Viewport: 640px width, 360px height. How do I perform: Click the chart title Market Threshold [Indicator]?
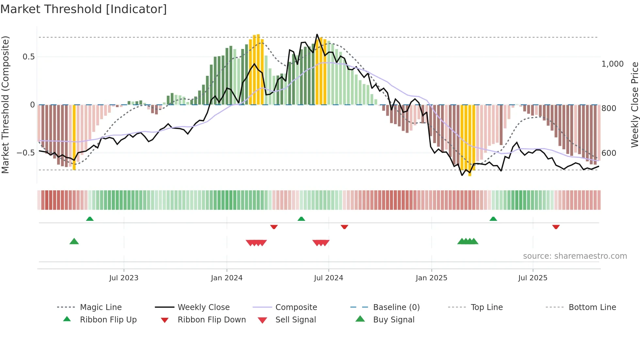tap(84, 9)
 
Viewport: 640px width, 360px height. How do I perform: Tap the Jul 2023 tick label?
tap(124, 278)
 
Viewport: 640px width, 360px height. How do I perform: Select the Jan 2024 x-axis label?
tap(227, 278)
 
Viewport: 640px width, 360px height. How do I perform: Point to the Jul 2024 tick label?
tap(328, 278)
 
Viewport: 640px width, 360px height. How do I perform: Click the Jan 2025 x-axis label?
tap(431, 278)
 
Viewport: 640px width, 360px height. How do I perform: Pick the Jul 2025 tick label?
tap(533, 278)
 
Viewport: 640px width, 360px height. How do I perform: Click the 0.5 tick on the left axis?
tap(29, 57)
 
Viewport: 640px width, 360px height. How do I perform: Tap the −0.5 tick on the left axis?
tap(26, 153)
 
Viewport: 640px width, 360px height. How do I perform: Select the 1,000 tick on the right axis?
tap(612, 64)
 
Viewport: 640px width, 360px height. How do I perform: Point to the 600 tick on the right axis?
tap(609, 153)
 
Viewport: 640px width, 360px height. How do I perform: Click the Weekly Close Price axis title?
tap(634, 105)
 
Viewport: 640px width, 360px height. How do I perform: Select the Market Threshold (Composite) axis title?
tap(6, 105)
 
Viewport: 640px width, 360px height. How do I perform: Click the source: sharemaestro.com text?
tap(575, 256)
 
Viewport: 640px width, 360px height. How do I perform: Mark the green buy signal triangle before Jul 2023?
tap(74, 241)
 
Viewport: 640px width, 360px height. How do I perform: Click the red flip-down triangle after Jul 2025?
tap(556, 227)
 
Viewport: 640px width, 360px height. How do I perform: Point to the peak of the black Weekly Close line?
tap(317, 34)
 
